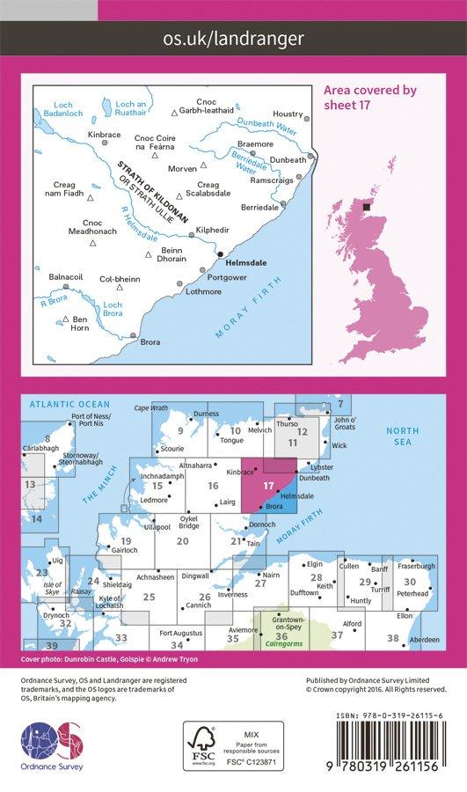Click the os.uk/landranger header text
pyautogui.click(x=233, y=38)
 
